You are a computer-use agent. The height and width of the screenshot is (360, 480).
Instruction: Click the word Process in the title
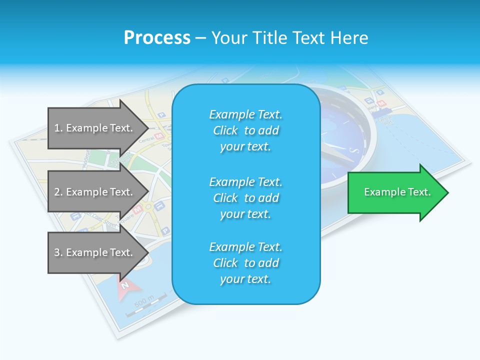click(x=157, y=38)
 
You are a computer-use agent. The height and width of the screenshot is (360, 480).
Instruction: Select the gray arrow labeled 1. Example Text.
click(x=95, y=128)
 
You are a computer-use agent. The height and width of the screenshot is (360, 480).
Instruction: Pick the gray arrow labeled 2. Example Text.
click(x=95, y=192)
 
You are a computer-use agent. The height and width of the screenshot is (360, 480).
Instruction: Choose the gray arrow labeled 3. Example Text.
click(x=95, y=252)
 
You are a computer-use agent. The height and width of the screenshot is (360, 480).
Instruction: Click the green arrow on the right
click(x=395, y=192)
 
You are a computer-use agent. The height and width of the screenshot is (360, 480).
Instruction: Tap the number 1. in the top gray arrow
click(x=58, y=128)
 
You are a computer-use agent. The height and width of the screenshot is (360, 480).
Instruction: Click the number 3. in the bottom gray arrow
click(x=58, y=252)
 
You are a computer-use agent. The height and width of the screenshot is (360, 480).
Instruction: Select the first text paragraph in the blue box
click(x=246, y=130)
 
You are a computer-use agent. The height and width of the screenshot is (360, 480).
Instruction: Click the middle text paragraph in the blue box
click(x=246, y=198)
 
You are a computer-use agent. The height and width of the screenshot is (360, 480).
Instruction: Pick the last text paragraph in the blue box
click(x=246, y=263)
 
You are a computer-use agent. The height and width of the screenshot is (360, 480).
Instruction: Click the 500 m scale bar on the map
click(x=145, y=305)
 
